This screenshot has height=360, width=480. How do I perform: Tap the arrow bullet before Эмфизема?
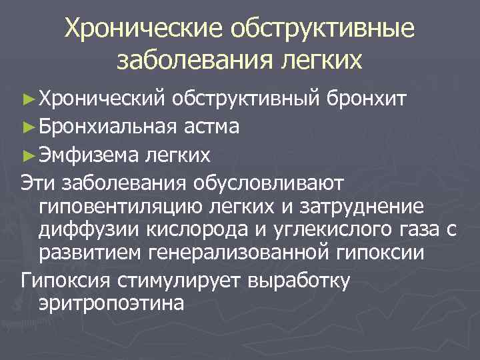[x=27, y=156]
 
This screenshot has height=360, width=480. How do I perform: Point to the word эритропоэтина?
[x=110, y=302]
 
